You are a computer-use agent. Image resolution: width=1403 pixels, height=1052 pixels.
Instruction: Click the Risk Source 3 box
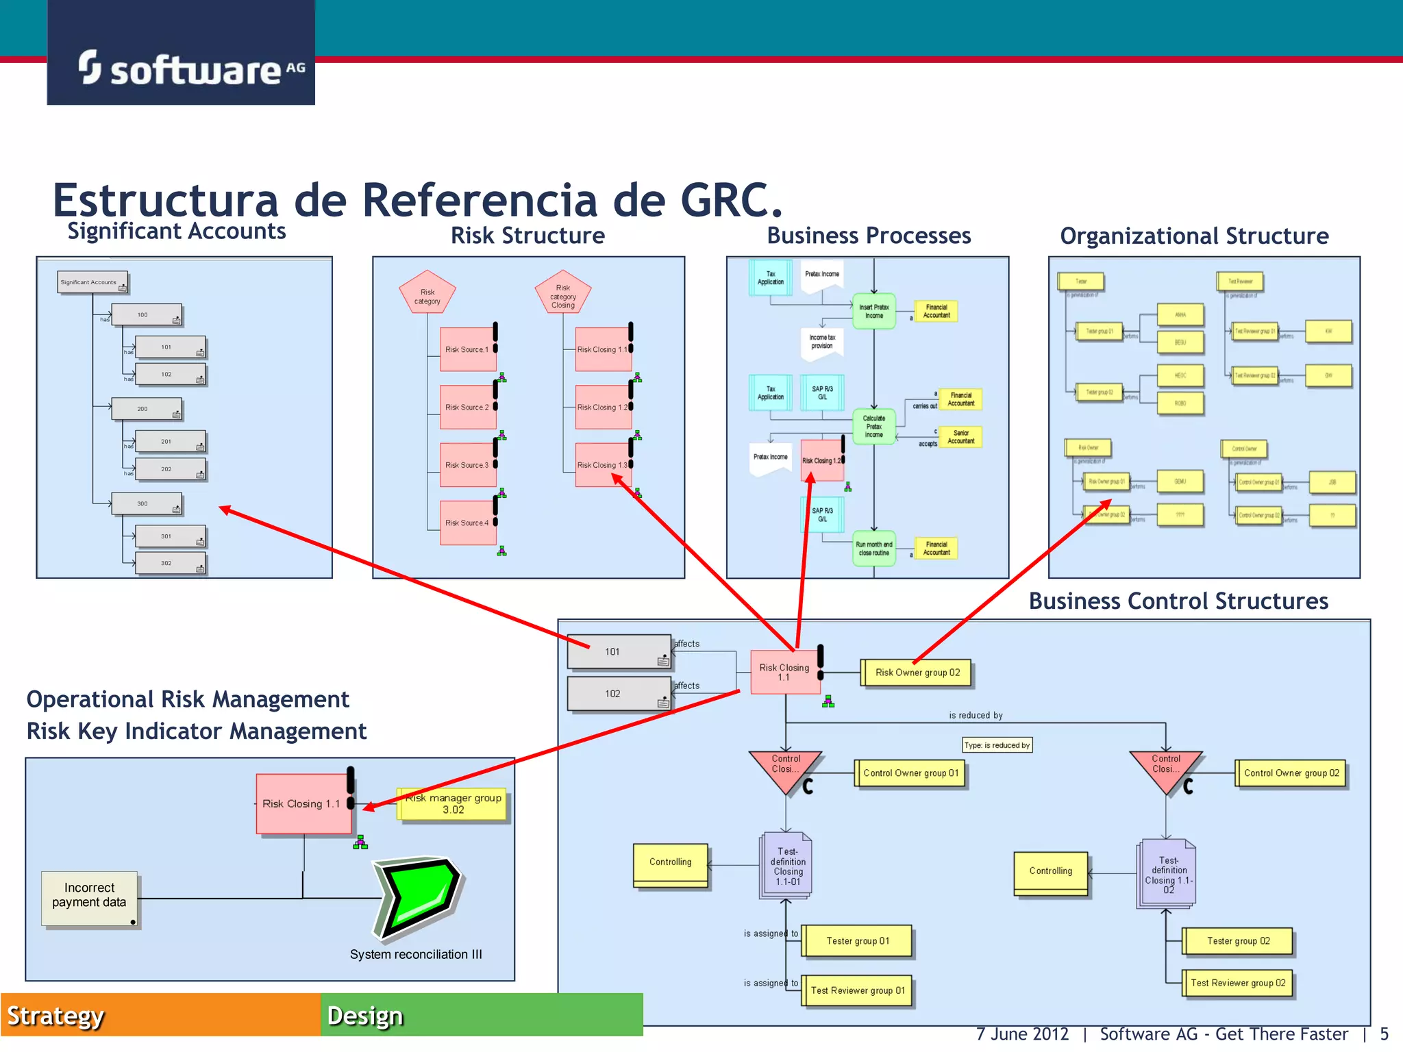pos(467,465)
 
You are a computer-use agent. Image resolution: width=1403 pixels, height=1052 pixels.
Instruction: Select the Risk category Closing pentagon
pos(562,293)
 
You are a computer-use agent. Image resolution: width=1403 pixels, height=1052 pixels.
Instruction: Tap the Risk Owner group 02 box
pos(917,673)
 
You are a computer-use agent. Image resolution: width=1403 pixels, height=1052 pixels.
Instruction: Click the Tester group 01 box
pos(857,941)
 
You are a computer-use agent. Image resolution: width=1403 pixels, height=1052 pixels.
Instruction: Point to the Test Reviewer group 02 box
pos(1237,983)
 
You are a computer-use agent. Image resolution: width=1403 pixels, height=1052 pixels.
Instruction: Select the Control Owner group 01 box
pos(910,773)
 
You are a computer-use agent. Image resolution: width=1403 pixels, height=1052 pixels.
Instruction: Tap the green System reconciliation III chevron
pos(417,897)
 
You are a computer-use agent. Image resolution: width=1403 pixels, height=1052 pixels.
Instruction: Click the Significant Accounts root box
pos(92,282)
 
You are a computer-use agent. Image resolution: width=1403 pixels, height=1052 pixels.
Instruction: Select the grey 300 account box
pos(146,503)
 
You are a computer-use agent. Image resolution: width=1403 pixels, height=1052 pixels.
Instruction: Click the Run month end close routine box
pos(873,549)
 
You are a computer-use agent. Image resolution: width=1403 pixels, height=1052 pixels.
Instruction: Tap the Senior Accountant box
pos(960,437)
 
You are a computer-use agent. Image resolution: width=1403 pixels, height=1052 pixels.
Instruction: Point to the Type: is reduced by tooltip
pos(997,745)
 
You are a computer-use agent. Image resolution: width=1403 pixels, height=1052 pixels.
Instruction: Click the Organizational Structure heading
pos(1193,236)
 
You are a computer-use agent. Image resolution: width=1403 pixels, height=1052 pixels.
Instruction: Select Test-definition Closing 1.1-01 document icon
pos(786,866)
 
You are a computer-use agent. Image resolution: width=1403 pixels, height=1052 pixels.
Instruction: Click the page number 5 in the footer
pos(1384,1034)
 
